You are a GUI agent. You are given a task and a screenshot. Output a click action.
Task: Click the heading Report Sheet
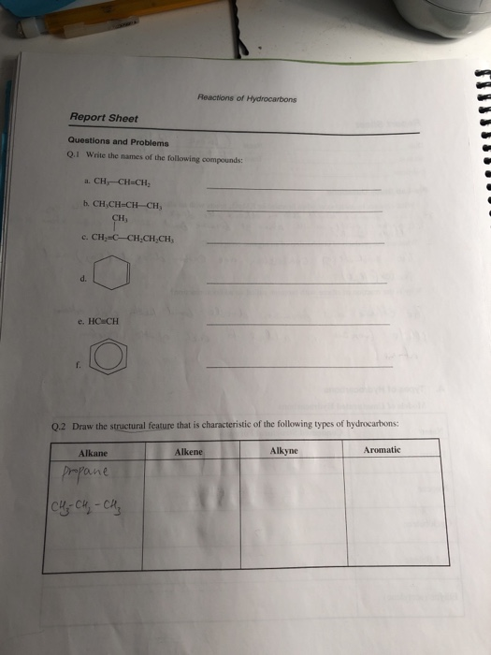pos(105,118)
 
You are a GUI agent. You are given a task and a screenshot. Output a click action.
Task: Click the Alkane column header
pos(93,452)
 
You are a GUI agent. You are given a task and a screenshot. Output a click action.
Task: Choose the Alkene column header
pos(188,451)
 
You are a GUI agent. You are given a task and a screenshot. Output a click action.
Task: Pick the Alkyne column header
pos(284,450)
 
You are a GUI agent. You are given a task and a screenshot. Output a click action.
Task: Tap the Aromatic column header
pos(383,450)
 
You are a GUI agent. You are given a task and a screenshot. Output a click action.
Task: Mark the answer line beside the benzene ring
pos(298,366)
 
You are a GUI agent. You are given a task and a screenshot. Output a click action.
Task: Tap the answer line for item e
pos(296,324)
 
